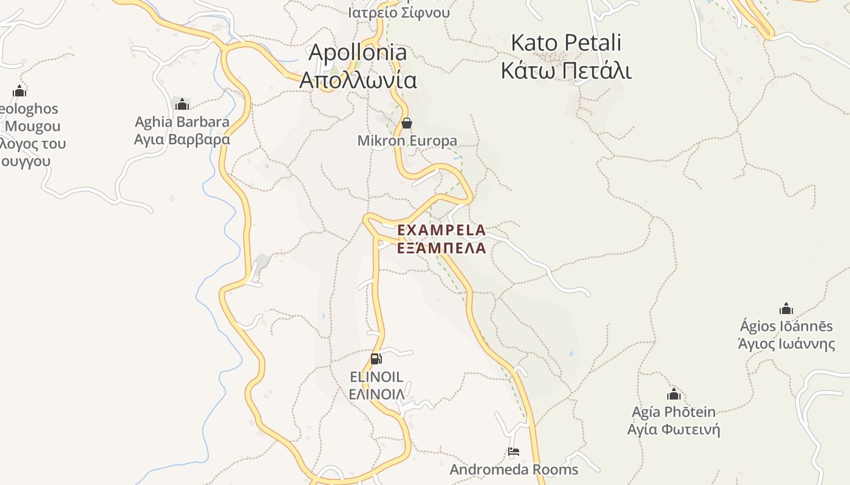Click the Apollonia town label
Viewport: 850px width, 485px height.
(358, 52)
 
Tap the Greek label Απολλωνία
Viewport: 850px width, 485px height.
(358, 80)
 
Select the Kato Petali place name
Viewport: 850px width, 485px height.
(566, 43)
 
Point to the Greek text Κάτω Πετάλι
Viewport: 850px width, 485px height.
(566, 71)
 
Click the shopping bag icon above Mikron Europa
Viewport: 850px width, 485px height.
(407, 124)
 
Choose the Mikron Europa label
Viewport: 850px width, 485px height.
(407, 141)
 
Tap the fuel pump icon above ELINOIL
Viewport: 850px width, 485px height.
(376, 358)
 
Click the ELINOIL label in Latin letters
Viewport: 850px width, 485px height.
(376, 376)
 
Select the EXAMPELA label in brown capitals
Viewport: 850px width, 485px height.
(441, 230)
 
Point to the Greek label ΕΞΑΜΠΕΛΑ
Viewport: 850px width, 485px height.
(441, 248)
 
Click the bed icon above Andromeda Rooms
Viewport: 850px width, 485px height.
(514, 452)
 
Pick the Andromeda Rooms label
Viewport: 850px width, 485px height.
(514, 469)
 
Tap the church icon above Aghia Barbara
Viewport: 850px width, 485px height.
(182, 104)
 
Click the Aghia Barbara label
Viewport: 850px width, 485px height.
(182, 122)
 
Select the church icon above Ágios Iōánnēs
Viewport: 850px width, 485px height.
(786, 309)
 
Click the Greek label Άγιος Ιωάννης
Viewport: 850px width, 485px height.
(786, 344)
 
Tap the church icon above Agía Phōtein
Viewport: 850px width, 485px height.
(673, 394)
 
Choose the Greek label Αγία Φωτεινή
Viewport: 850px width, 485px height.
(673, 430)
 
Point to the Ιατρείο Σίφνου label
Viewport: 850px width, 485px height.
(399, 12)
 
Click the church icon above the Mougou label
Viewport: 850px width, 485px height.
(19, 92)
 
